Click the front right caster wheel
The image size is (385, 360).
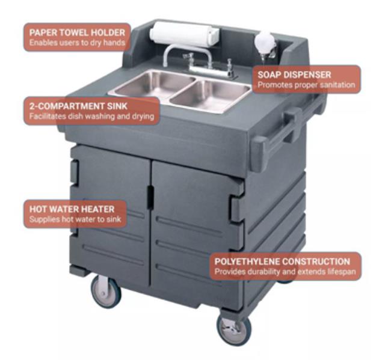[234, 331]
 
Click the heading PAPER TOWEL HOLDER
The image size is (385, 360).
[77, 32]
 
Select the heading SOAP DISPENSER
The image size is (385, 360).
[294, 75]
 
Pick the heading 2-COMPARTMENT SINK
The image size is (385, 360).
[78, 106]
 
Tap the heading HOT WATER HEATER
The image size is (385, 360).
[72, 209]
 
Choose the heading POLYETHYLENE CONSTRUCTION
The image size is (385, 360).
[282, 261]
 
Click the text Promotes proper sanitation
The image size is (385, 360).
[306, 85]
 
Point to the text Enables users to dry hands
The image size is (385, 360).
[77, 43]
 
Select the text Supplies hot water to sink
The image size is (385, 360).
[75, 219]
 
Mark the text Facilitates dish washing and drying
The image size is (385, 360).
[91, 116]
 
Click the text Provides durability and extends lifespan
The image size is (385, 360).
[285, 272]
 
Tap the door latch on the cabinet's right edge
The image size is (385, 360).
[238, 209]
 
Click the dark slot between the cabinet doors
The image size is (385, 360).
[150, 197]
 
